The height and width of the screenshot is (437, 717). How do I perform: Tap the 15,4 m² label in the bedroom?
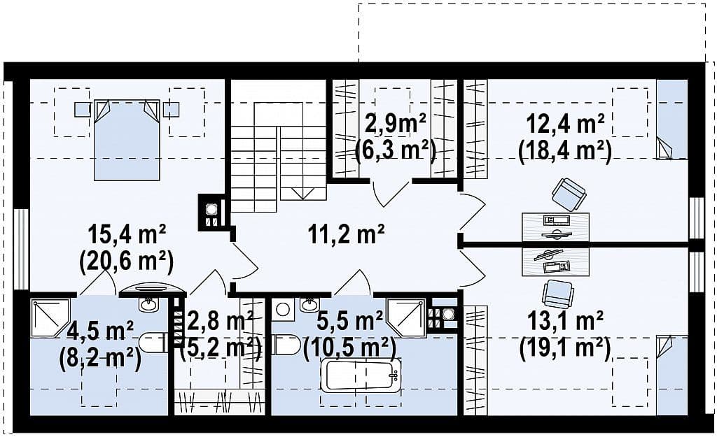(x=127, y=236)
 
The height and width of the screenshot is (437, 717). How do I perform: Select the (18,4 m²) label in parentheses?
(x=565, y=150)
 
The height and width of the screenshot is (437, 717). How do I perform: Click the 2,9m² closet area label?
(x=396, y=124)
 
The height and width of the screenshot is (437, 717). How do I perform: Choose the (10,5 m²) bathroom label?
(x=350, y=348)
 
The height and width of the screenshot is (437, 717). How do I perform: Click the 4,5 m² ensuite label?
(x=99, y=331)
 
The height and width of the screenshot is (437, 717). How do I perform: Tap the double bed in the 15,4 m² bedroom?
(x=127, y=139)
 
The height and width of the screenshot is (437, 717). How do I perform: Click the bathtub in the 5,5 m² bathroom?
(x=361, y=375)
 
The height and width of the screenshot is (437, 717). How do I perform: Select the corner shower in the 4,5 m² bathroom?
(x=50, y=317)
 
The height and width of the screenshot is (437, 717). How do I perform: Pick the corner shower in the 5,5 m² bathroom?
(x=406, y=318)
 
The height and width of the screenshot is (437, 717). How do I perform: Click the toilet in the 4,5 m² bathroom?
(x=151, y=343)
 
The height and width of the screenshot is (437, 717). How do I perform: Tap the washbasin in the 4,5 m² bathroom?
(x=148, y=303)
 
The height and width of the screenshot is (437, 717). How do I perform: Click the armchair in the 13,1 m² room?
(x=557, y=294)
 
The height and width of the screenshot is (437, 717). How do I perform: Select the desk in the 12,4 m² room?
(x=555, y=227)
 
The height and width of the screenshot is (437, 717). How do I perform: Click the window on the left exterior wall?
(x=22, y=249)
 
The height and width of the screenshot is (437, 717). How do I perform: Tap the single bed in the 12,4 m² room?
(x=671, y=120)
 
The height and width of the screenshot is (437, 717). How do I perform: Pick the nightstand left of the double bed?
(x=83, y=109)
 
